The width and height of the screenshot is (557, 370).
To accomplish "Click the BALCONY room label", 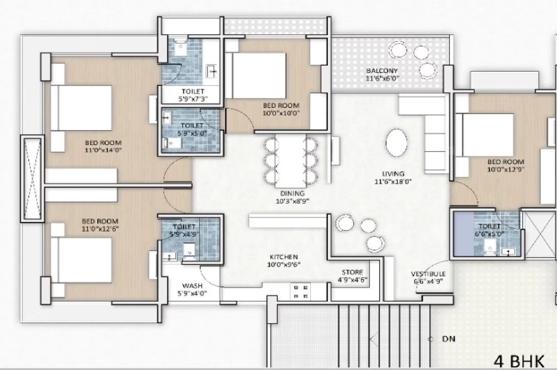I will pyautogui.click(x=382, y=71).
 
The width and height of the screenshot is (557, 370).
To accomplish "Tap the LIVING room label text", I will pyautogui.click(x=393, y=174).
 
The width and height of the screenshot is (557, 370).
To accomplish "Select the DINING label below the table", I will pyautogui.click(x=293, y=193).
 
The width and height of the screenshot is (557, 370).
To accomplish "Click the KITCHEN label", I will pyautogui.click(x=284, y=257).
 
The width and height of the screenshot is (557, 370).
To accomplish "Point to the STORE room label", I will pyautogui.click(x=352, y=272).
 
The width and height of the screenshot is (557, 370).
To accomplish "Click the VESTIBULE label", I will pyautogui.click(x=428, y=274).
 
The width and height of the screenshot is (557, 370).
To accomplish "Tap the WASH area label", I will pyautogui.click(x=192, y=286).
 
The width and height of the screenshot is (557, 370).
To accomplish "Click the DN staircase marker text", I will pyautogui.click(x=449, y=339).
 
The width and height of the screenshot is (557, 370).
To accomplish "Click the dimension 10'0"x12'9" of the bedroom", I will pyautogui.click(x=506, y=169).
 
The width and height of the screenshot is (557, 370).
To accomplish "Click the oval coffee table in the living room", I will pyautogui.click(x=397, y=144).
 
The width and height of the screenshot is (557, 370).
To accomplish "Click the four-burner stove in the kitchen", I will pyautogui.click(x=300, y=291).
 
